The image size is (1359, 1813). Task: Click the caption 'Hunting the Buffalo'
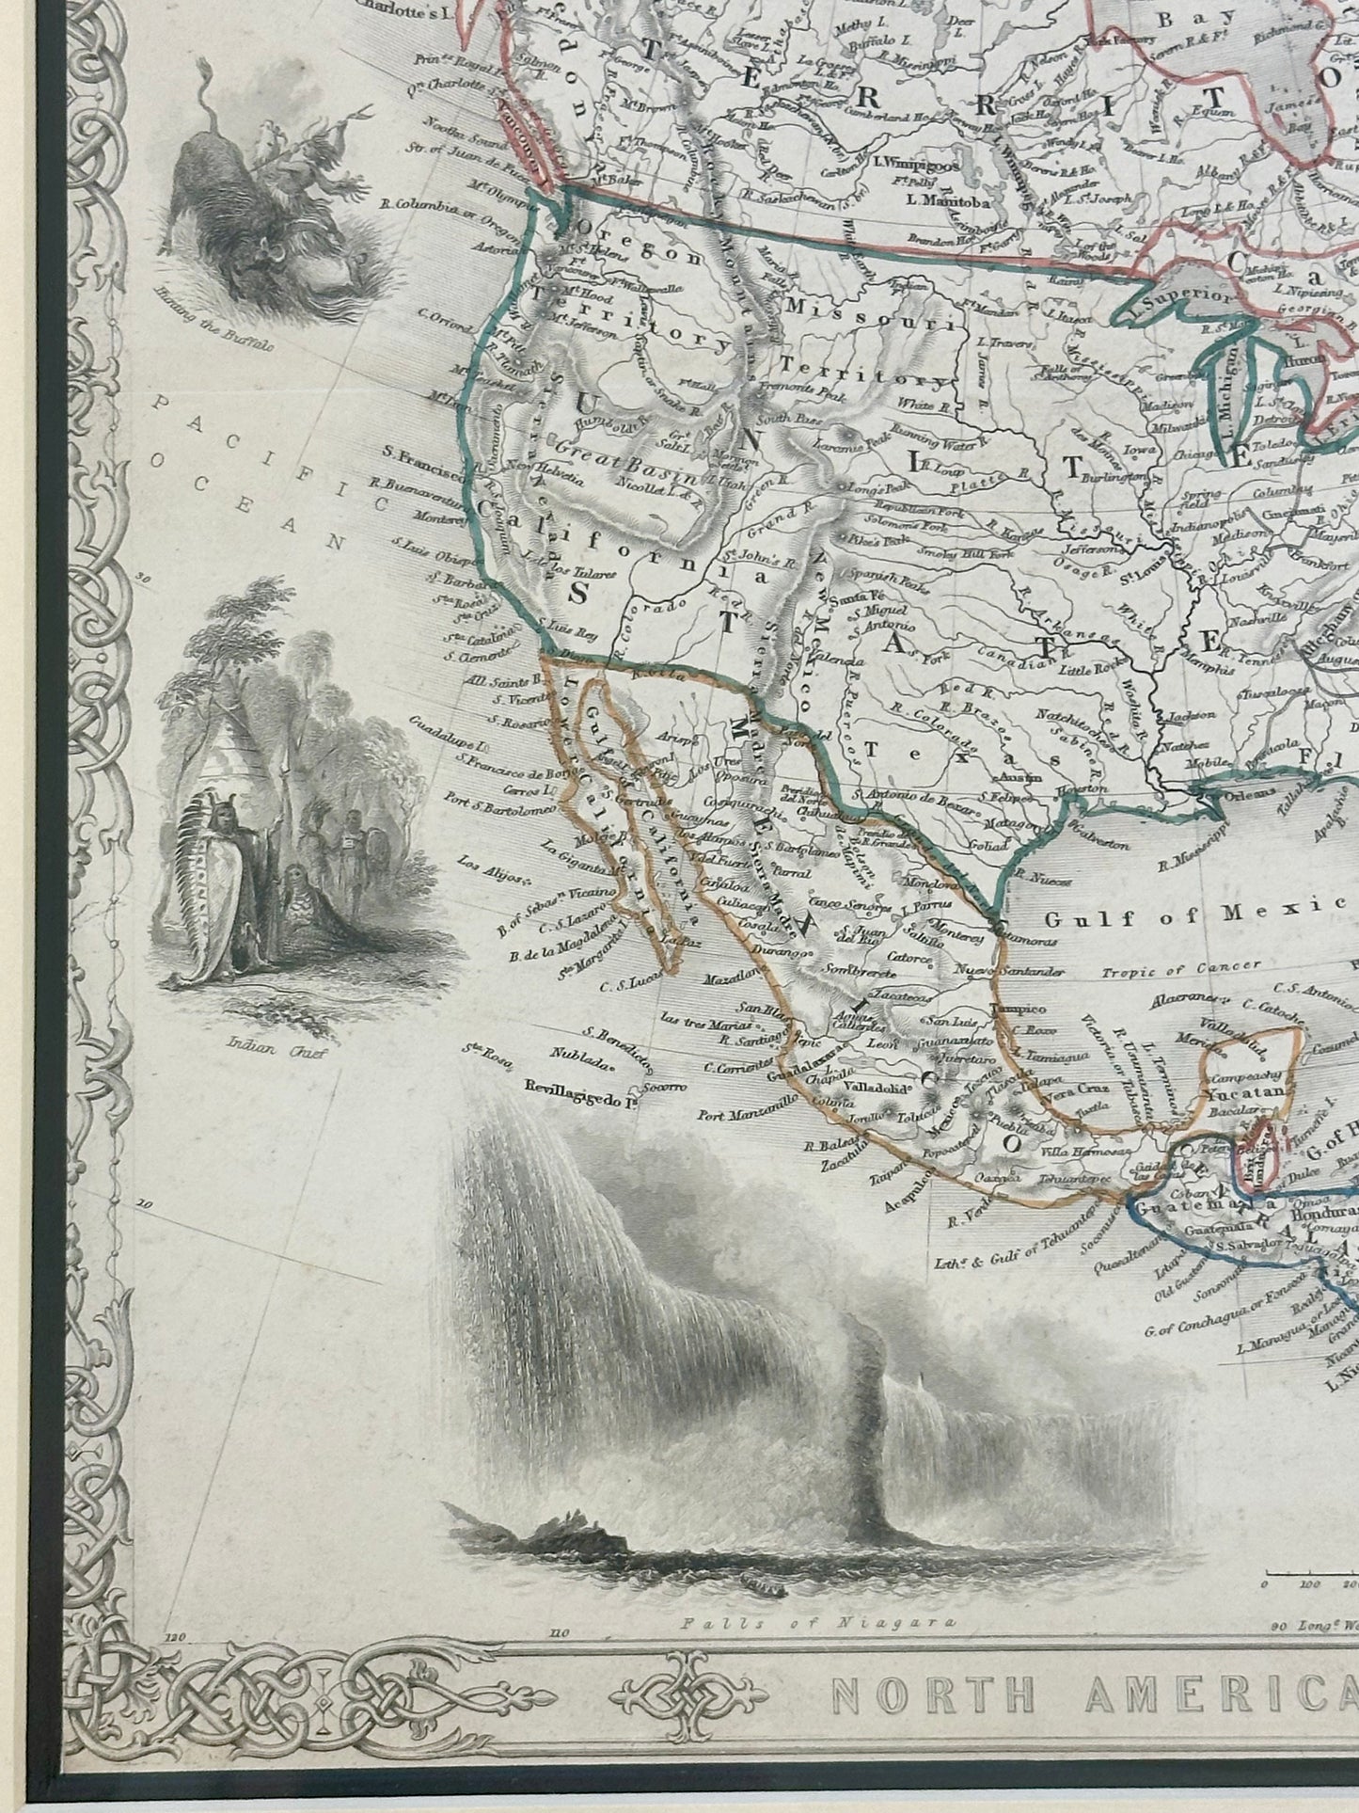pos(217,321)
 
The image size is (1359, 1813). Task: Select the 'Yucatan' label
pos(1247,1093)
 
